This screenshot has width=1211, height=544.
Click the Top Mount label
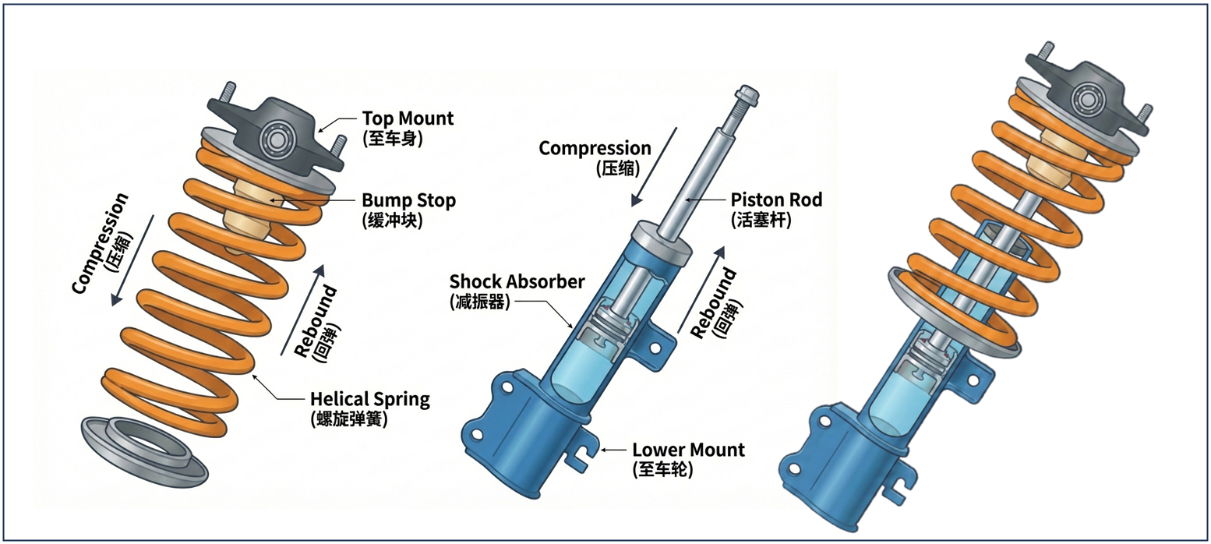408,118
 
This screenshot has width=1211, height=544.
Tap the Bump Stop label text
408,200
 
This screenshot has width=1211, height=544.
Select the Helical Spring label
370,400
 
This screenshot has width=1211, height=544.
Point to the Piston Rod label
776,200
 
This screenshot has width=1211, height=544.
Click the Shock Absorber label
517,281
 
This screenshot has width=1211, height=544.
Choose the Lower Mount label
688,450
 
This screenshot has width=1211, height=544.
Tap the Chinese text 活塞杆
761,220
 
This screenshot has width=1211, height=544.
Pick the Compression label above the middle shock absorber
595,148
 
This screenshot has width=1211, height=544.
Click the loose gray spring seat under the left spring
144,452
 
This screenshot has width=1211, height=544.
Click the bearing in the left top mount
274,139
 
